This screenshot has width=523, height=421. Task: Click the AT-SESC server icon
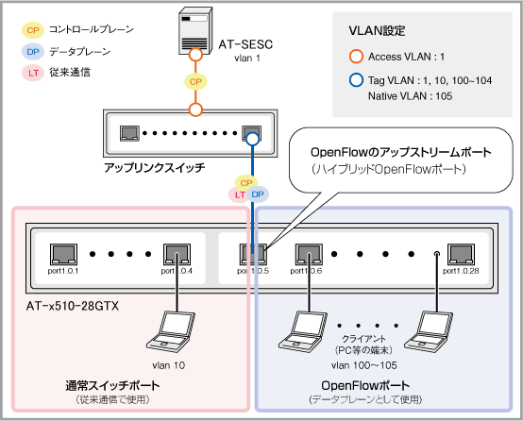click(195, 31)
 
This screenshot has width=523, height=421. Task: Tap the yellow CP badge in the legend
click(33, 30)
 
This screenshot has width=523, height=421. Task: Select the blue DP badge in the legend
click(33, 52)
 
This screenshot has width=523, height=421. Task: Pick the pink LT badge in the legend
click(33, 73)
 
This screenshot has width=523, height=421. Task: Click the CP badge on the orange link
click(195, 82)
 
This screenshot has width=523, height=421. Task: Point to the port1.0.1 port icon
click(63, 254)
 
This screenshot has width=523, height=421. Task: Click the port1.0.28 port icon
click(461, 254)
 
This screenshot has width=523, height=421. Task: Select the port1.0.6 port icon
click(309, 254)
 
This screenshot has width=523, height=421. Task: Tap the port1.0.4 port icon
click(177, 254)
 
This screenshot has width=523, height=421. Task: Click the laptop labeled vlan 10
click(171, 332)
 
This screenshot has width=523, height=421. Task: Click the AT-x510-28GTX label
click(73, 306)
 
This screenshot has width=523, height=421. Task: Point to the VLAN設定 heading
click(377, 31)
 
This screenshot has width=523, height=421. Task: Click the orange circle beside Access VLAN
click(356, 57)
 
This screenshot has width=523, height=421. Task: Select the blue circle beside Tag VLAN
click(356, 80)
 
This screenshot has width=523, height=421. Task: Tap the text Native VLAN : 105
click(410, 96)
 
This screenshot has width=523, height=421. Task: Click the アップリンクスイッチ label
click(155, 167)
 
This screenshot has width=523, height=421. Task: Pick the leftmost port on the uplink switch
click(129, 133)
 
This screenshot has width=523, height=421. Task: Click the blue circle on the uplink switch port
click(252, 139)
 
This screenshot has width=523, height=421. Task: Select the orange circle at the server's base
click(195, 55)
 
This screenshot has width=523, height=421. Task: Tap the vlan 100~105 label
click(364, 365)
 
